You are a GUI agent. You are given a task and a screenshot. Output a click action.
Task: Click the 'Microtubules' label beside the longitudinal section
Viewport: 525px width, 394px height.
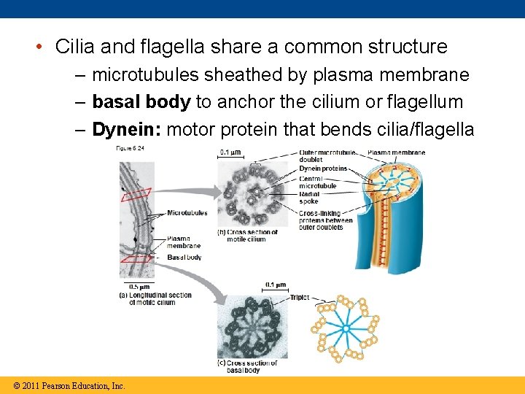pyautogui.click(x=187, y=213)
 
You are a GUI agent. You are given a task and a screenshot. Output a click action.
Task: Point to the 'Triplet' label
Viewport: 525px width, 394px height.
pyautogui.click(x=300, y=298)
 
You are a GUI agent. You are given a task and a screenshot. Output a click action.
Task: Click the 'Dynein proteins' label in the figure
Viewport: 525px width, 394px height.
pyautogui.click(x=323, y=169)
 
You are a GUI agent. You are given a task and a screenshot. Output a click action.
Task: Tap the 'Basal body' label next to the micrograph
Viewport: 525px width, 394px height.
pyautogui.click(x=184, y=258)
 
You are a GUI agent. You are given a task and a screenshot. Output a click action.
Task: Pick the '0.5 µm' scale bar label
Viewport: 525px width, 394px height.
pyautogui.click(x=136, y=287)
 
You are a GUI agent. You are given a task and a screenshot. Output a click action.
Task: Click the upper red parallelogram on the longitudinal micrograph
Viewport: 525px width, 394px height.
pyautogui.click(x=136, y=194)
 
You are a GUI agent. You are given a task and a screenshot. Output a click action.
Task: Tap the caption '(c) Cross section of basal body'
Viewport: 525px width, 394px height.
pyautogui.click(x=248, y=366)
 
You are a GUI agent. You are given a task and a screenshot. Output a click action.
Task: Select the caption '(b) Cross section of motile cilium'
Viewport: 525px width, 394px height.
pyautogui.click(x=248, y=236)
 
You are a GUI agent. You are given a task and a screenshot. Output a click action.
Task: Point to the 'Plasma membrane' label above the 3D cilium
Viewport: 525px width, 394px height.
pyautogui.click(x=396, y=152)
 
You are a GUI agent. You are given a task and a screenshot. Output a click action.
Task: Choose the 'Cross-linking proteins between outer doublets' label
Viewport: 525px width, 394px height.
pyautogui.click(x=325, y=220)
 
